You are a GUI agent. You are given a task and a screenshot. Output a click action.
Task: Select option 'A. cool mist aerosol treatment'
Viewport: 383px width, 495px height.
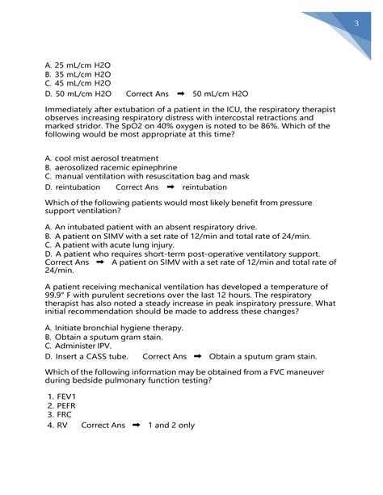(102, 157)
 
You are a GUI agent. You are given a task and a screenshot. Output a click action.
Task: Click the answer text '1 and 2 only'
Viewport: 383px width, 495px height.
(171, 425)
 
